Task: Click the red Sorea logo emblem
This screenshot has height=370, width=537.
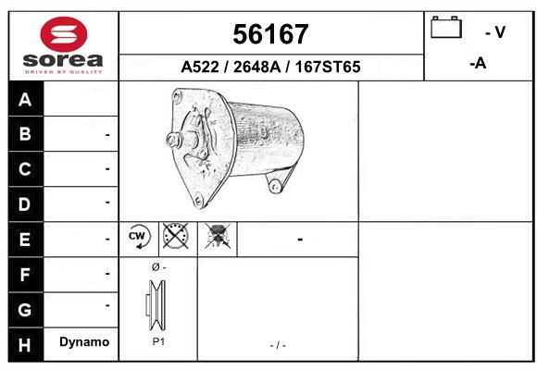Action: pos(64,34)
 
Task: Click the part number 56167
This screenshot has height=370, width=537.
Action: pos(270,34)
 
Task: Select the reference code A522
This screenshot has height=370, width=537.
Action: pos(200,67)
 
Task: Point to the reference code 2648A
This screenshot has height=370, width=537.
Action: pos(256,67)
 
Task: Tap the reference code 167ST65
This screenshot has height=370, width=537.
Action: pos(328,67)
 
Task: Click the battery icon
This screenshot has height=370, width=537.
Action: pos(446,27)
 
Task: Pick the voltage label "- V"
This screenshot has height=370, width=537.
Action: pos(495,32)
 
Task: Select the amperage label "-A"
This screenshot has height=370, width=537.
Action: pos(478,63)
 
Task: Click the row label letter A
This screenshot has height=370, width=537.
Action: pos(25,100)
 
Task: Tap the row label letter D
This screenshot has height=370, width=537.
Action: pos(24,204)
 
